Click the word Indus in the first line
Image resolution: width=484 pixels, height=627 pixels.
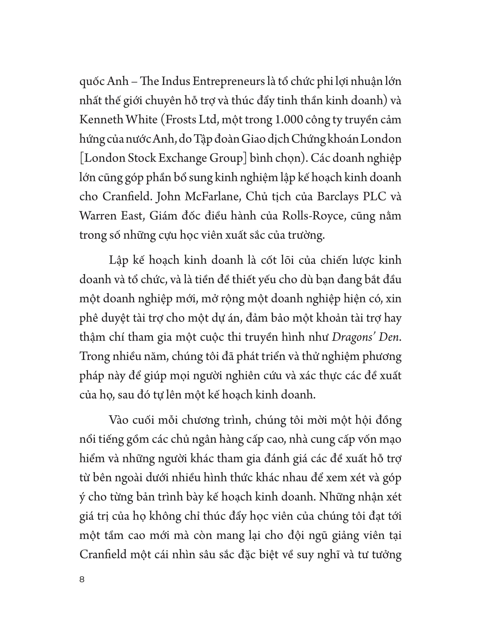point(175,82)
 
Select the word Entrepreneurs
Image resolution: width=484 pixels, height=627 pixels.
point(228,82)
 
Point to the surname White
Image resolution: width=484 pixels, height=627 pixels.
point(142,120)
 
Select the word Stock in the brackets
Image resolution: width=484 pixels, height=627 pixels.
point(141,158)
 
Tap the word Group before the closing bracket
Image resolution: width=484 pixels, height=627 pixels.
point(226,158)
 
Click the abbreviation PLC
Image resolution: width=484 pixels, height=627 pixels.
point(374,197)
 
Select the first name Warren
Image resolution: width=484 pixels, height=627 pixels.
point(97,216)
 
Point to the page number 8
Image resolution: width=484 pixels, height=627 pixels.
point(82,580)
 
